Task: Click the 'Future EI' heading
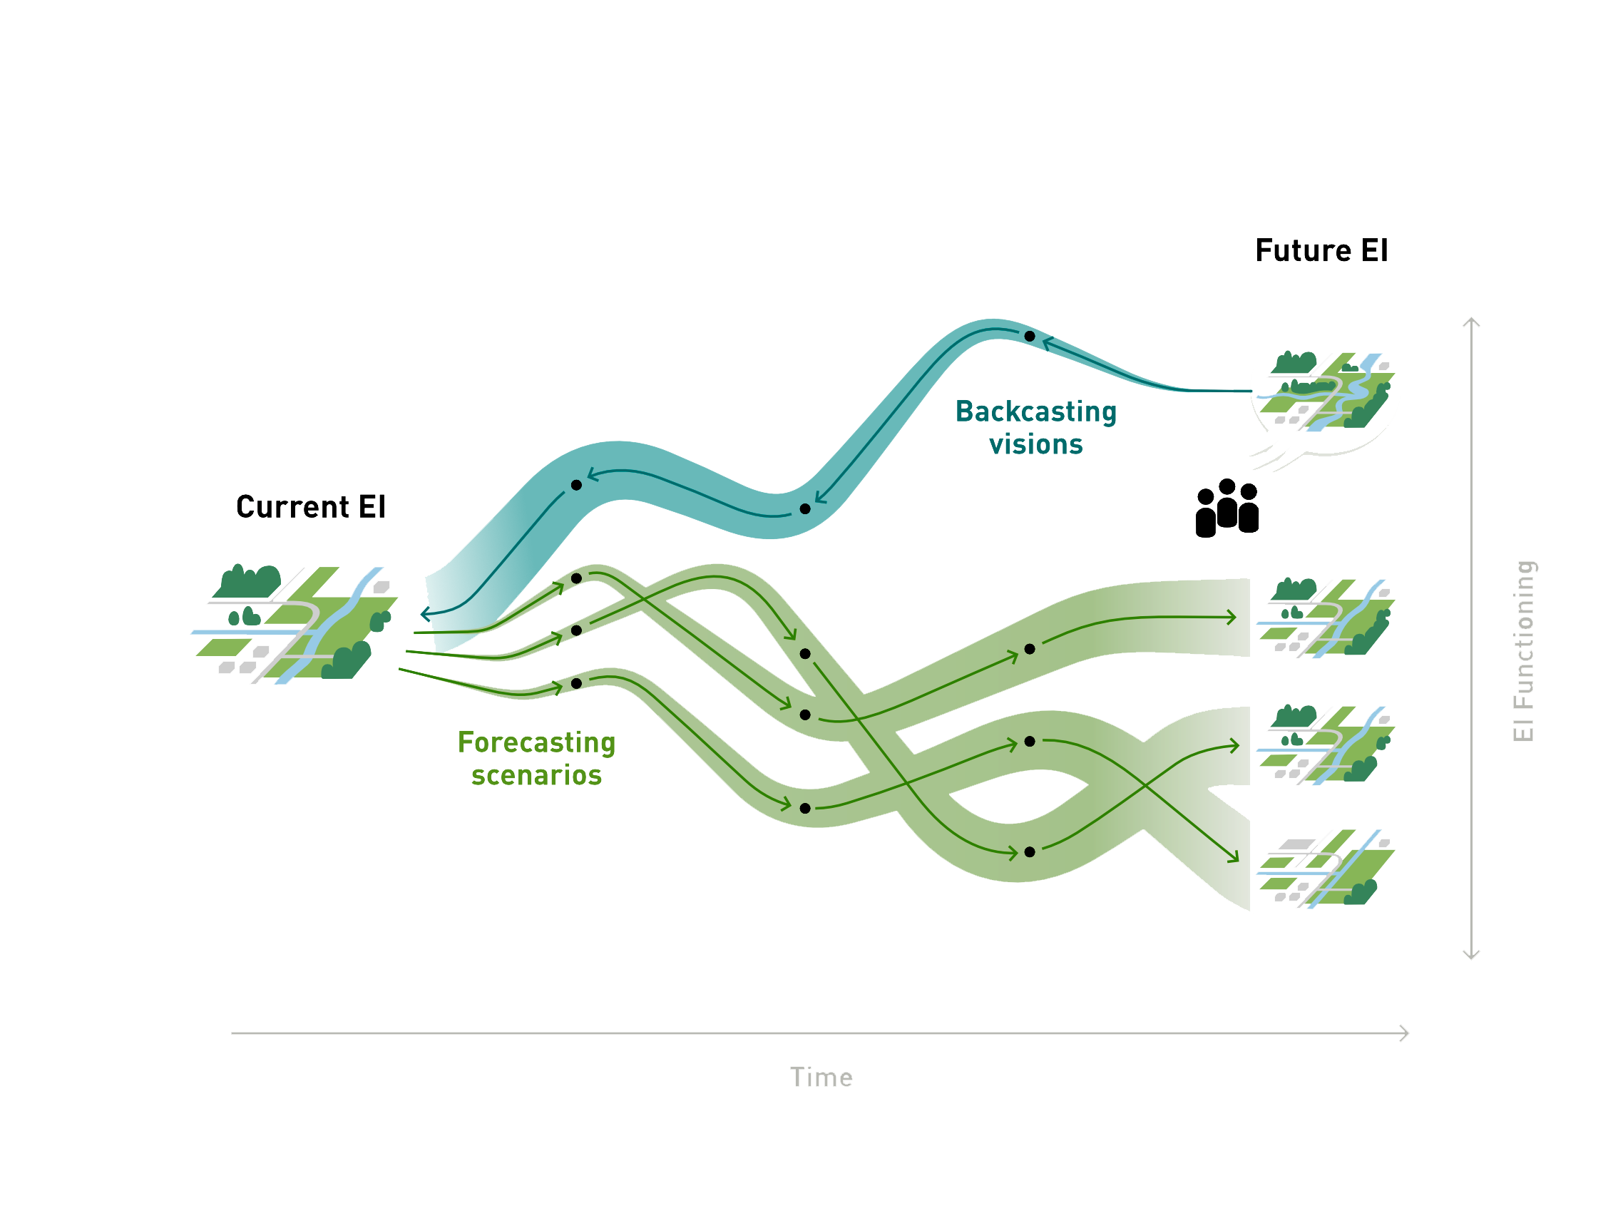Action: pyautogui.click(x=1321, y=251)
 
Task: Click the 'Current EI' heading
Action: pyautogui.click(x=310, y=508)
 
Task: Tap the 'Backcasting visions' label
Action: pyautogui.click(x=1035, y=428)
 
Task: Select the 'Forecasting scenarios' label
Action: pyautogui.click(x=536, y=759)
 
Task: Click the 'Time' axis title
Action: pyautogui.click(x=821, y=1078)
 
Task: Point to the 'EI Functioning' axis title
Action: pyautogui.click(x=1524, y=651)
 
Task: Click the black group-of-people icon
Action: pyautogui.click(x=1227, y=508)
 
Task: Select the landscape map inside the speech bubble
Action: pyautogui.click(x=1325, y=391)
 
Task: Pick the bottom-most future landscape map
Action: pyautogui.click(x=1325, y=869)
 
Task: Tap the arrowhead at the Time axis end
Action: pyautogui.click(x=1404, y=1033)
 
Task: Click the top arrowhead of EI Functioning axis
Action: pyautogui.click(x=1471, y=322)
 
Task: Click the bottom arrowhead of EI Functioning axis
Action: pyautogui.click(x=1471, y=956)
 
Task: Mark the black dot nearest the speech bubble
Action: pyautogui.click(x=1030, y=336)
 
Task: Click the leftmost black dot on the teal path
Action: pyautogui.click(x=576, y=485)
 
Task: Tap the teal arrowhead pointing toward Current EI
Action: pyautogui.click(x=425, y=614)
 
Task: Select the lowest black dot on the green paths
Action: pyautogui.click(x=1030, y=852)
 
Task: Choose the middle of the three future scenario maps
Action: pyautogui.click(x=1325, y=745)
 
